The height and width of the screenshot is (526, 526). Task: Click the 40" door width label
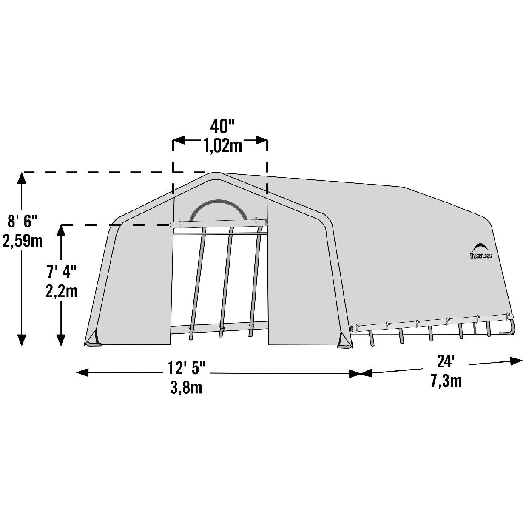(222, 126)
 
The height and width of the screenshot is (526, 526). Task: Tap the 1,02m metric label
(223, 146)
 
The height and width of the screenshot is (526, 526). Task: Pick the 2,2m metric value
(61, 291)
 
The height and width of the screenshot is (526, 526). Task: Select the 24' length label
(446, 362)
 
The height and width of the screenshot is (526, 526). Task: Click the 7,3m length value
(446, 381)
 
